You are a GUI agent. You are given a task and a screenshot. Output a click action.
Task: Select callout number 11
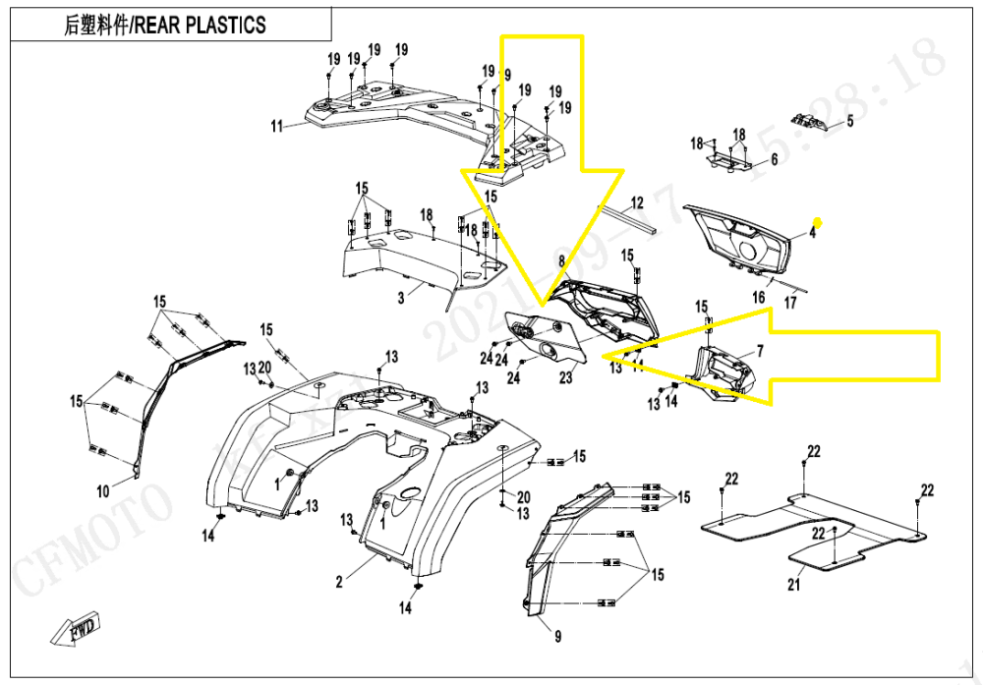pos(277,126)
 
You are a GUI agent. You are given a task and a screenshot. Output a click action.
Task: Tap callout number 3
pos(401,298)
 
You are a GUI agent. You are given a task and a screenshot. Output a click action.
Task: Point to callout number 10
pos(102,489)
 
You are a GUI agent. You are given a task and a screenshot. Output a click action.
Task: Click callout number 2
pos(339,582)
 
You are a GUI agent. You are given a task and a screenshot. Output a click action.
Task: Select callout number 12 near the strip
pos(637,203)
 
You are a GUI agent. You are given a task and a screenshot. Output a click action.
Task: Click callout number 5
pos(850,122)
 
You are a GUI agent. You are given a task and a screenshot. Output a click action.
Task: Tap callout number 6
pos(774,159)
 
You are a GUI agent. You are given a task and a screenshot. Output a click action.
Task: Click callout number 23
pos(565,376)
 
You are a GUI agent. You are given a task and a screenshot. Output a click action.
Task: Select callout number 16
pos(759,297)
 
